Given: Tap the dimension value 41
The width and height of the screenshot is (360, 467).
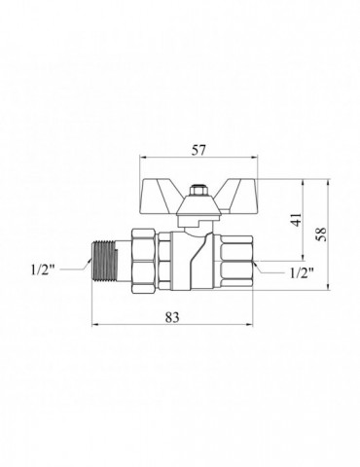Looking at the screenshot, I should coord(296,221).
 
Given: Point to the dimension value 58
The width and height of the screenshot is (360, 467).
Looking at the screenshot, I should coord(321,234).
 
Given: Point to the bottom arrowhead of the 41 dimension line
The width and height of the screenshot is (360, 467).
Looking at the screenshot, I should coord(303,260).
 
